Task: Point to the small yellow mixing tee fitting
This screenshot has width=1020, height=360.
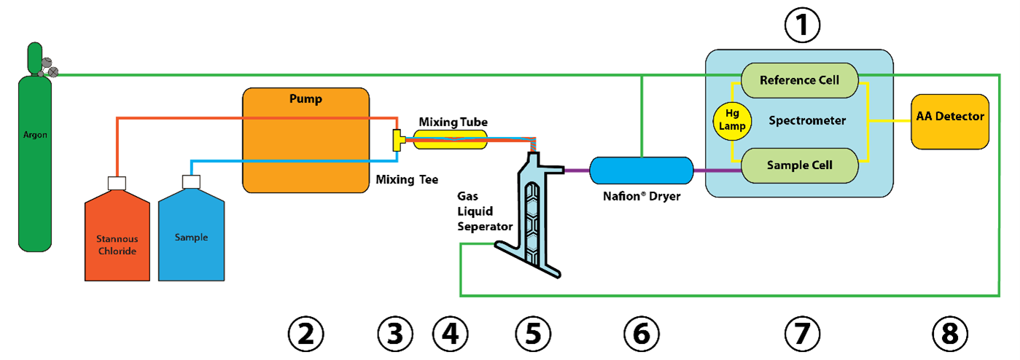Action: tap(398, 140)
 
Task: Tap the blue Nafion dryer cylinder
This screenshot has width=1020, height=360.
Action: tap(641, 171)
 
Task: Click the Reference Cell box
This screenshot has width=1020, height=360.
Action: tap(799, 79)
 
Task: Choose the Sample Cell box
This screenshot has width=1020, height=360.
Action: tap(799, 165)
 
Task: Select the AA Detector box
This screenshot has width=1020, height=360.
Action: tap(949, 117)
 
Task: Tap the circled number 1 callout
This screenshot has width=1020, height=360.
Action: tap(802, 26)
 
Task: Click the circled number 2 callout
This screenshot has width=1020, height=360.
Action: tap(305, 334)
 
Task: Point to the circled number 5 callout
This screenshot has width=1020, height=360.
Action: tap(533, 334)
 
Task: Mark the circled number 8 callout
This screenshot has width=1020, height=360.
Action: tap(950, 334)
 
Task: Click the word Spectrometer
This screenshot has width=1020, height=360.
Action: tap(807, 121)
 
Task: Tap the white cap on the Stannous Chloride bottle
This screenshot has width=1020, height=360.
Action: tap(117, 182)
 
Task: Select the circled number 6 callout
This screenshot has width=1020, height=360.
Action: tap(642, 334)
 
